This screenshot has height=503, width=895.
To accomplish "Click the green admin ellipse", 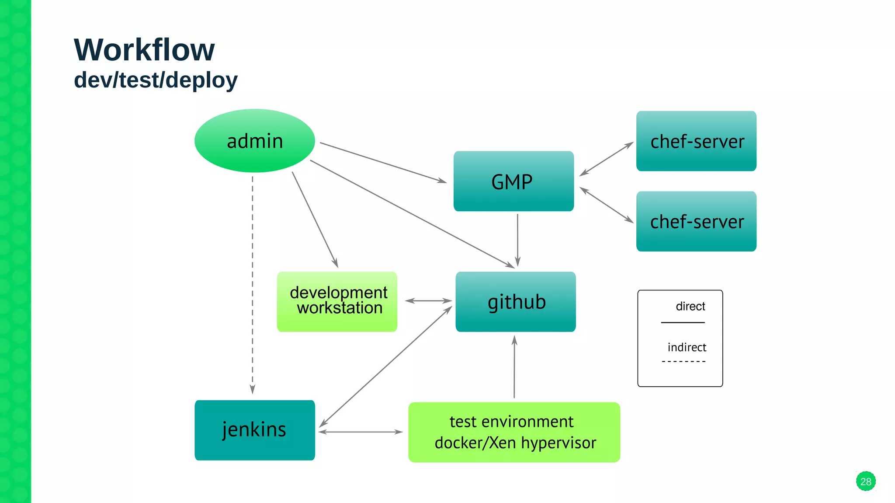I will [255, 141].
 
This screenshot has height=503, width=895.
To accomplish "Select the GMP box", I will [513, 181].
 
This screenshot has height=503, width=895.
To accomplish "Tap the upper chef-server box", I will [696, 141].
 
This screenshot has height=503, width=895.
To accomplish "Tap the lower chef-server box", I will [696, 221].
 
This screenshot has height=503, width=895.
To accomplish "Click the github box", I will [516, 302].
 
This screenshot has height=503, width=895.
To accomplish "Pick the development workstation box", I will [337, 302].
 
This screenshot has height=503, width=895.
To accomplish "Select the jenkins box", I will [255, 430].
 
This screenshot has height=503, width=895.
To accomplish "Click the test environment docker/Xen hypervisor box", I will [514, 432].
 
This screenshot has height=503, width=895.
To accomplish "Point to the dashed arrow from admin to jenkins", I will [253, 284].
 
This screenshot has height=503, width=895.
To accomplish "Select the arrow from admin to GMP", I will [382, 162].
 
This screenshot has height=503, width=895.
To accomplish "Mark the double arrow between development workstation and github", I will [428, 301].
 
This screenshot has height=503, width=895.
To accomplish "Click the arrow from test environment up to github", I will [514, 367].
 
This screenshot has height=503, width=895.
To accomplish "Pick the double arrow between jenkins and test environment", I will [361, 432].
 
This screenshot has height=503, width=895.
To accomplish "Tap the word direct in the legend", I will [690, 306].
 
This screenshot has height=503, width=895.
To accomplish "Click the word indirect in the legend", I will [687, 347].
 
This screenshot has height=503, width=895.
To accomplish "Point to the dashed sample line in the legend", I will [683, 362].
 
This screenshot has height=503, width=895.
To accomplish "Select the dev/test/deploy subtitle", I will [156, 80].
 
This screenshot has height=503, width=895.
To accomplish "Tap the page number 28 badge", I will [865, 482].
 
